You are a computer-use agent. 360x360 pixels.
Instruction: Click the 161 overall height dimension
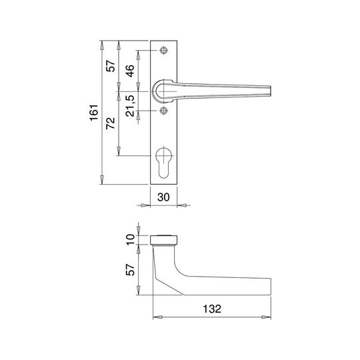[94, 113]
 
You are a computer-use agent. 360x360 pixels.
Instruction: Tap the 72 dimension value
[111, 123]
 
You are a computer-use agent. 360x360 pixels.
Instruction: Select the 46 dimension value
[130, 71]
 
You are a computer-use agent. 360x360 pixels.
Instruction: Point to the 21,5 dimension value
[130, 105]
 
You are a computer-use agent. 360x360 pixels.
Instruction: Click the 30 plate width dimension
[163, 197]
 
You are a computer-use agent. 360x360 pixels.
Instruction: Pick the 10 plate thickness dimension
[131, 240]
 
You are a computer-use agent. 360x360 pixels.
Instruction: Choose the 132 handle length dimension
[212, 309]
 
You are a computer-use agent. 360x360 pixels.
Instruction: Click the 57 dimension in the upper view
[111, 66]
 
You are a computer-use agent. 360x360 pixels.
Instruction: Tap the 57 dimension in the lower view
[130, 269]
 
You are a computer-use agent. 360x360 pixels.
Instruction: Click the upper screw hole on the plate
[163, 50]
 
